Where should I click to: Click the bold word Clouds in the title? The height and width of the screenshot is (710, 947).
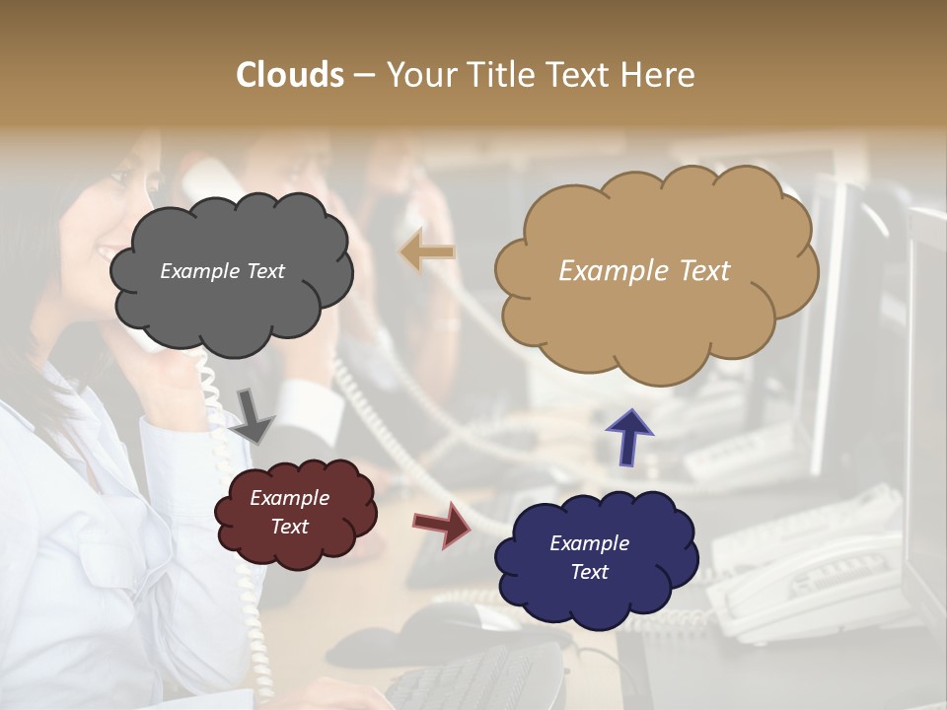pyautogui.click(x=290, y=75)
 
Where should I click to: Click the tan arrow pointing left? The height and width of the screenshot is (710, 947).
pyautogui.click(x=427, y=252)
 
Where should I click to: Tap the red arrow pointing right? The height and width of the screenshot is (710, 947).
pyautogui.click(x=443, y=524)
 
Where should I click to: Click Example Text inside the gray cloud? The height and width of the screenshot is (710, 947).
pyautogui.click(x=222, y=271)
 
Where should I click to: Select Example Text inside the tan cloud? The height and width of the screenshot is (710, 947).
pyautogui.click(x=644, y=271)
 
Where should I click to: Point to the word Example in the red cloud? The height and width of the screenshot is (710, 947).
pyautogui.click(x=289, y=498)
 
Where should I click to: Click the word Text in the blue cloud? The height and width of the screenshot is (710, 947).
pyautogui.click(x=589, y=572)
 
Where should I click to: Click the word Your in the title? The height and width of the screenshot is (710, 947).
pyautogui.click(x=417, y=75)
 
